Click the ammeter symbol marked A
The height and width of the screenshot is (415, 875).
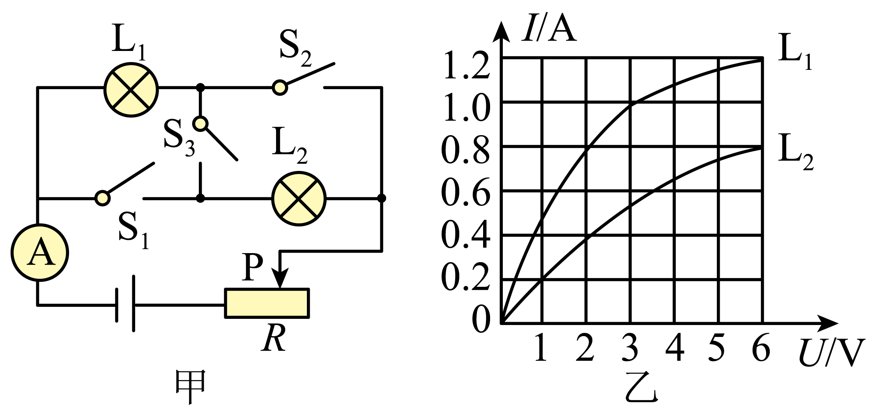pos(40,253)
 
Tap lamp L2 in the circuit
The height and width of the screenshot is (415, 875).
pos(299,198)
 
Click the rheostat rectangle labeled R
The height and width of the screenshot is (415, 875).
pos(267,303)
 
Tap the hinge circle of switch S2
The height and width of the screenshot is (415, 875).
pos(280,88)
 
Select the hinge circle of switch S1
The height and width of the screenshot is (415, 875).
pos(102,198)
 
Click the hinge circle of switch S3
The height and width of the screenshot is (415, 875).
pos(200,124)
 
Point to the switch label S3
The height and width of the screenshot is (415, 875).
pos(179,138)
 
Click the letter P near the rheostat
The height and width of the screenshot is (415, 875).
pos(253,266)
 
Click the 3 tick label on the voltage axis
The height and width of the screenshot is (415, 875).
pos(630,348)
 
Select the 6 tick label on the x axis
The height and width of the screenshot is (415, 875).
pos(761,348)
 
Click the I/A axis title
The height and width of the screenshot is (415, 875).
pos(549,29)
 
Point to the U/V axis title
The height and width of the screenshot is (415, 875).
pos(831,353)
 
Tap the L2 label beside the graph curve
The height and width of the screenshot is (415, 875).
pos(796,152)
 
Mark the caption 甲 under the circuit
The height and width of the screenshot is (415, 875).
pos(190,386)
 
